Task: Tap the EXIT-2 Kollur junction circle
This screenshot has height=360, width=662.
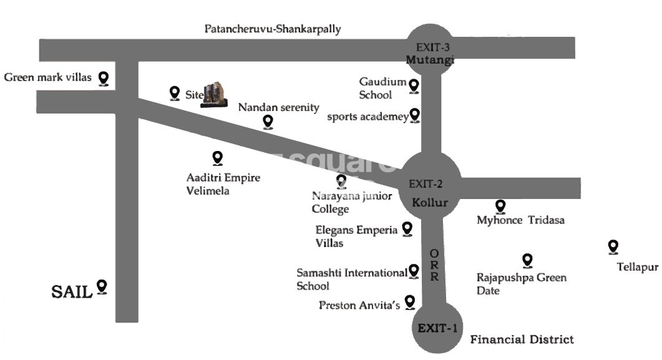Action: (431, 185)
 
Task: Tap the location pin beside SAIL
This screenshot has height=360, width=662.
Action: (102, 287)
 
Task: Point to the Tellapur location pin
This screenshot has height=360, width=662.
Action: (613, 248)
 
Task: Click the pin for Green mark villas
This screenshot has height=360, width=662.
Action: (104, 78)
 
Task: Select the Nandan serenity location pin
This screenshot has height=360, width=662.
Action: (268, 122)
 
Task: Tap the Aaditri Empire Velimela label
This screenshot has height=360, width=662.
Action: (223, 184)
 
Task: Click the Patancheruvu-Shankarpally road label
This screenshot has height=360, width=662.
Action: (273, 29)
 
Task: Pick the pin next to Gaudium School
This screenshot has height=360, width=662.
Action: (414, 85)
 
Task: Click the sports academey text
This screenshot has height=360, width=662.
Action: (367, 117)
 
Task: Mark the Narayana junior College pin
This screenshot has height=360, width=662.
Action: (341, 182)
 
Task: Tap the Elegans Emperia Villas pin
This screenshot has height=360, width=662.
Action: (407, 230)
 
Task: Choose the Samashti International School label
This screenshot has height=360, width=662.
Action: (351, 279)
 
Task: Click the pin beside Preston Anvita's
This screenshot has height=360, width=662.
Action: (410, 303)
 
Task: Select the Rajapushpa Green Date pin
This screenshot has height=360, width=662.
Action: (527, 260)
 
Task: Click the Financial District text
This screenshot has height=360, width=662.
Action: (522, 339)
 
